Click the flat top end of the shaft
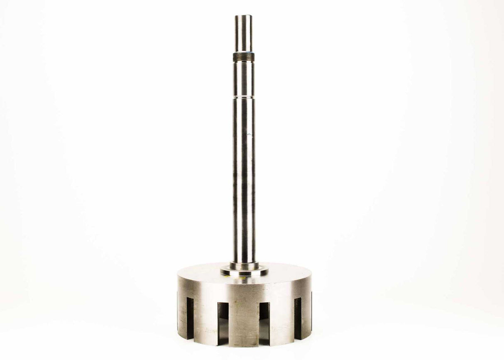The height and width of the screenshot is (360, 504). click(x=243, y=16)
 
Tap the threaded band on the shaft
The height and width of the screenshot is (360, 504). click(x=244, y=57)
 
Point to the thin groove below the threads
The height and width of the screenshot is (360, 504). click(x=244, y=97)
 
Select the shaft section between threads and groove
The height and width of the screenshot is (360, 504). click(x=244, y=79)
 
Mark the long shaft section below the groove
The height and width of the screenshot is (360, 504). click(x=244, y=179)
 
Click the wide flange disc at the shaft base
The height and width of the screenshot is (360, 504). click(x=244, y=272)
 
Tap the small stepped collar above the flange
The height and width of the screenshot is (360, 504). click(x=244, y=265)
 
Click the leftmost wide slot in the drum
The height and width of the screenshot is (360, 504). click(x=190, y=318)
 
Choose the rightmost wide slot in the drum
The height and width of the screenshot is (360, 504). click(x=298, y=318)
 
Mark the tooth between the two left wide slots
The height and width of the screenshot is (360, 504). click(x=206, y=320)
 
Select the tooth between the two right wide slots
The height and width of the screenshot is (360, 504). click(x=282, y=320)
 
